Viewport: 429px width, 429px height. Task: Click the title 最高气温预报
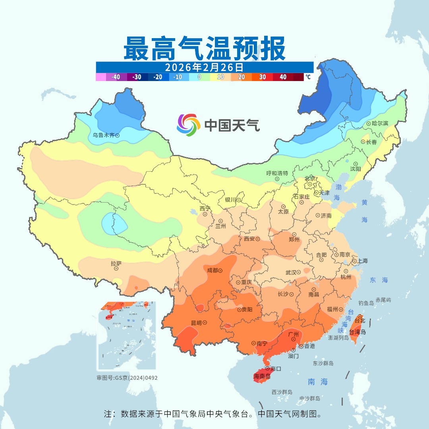204,49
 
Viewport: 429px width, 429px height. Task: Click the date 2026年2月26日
204,66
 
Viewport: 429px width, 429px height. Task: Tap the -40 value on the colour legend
116,77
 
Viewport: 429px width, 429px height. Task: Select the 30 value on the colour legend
263,77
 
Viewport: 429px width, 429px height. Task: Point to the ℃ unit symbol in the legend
308,77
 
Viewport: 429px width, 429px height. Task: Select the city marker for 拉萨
116,269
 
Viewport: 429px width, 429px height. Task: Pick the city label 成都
213,271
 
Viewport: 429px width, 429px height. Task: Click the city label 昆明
196,323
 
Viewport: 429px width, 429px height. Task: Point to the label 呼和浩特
277,173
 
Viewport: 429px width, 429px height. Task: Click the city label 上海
362,261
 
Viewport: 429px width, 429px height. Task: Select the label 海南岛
262,376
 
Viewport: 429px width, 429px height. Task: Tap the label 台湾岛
357,332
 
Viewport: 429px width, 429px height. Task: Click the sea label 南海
318,382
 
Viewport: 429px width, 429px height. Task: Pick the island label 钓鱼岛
366,303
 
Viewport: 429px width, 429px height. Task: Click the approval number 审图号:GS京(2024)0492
127,378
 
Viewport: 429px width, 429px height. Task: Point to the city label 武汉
291,272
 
